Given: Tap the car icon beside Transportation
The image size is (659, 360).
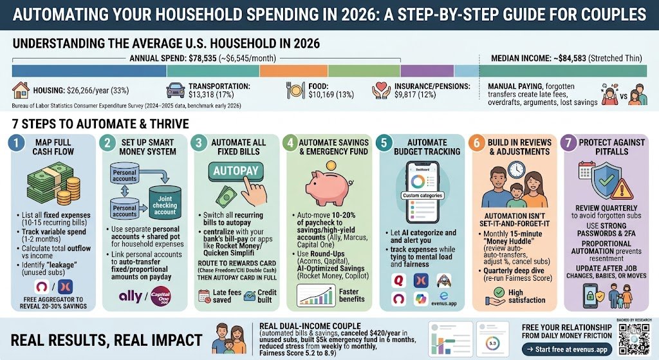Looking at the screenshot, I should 176,91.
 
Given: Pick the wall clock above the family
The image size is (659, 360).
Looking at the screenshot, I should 515,169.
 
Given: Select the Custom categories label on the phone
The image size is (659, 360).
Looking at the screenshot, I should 421,195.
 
